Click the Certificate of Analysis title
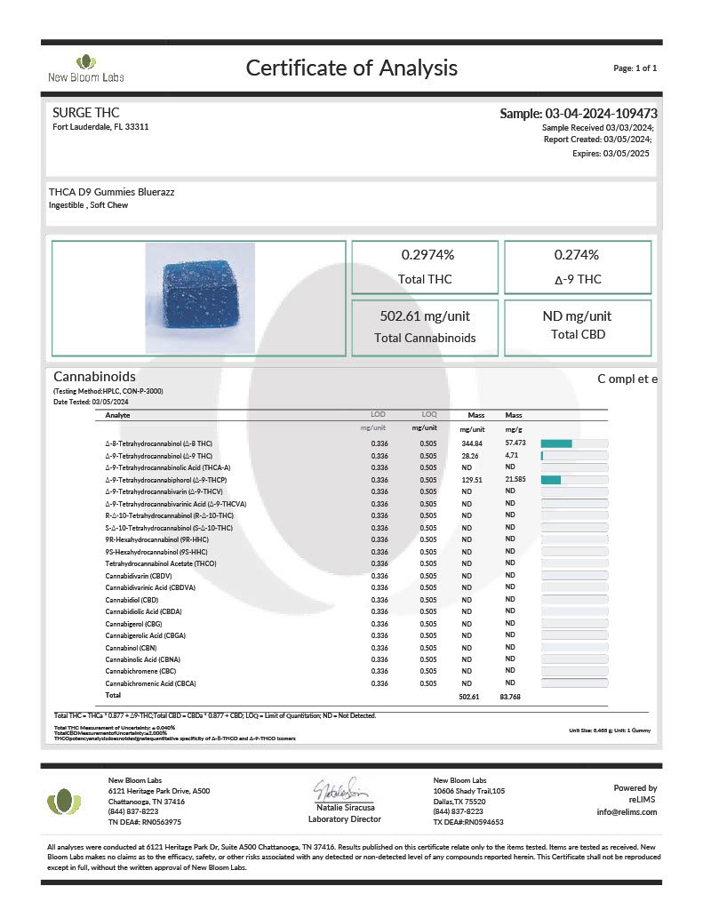point(351,68)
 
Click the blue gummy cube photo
point(200,299)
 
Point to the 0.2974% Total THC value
point(424,255)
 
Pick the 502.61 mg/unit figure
point(424,316)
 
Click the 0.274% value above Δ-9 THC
point(577,255)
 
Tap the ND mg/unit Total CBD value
point(577,316)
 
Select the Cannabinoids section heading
point(94,377)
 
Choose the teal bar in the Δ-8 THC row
point(556,443)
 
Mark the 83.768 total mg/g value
point(510,697)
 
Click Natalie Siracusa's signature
point(343,789)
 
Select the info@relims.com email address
point(627,812)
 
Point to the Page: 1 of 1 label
point(635,68)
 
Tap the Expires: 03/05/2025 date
point(611,154)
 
